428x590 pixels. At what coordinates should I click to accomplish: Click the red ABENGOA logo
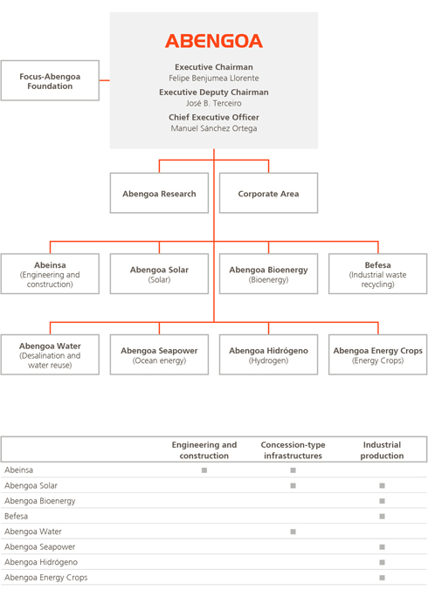click(214, 41)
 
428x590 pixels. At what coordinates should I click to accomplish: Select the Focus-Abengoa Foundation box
click(50, 80)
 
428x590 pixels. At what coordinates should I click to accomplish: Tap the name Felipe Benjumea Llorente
click(214, 79)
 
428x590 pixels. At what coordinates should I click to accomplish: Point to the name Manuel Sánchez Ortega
click(214, 128)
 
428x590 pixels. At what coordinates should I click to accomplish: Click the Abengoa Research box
click(159, 193)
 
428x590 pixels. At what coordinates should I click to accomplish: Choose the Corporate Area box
click(268, 193)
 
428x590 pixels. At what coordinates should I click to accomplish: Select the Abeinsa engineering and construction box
click(50, 274)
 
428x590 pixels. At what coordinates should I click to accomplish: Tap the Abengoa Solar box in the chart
click(159, 274)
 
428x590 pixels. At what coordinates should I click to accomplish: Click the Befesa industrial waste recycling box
click(377, 274)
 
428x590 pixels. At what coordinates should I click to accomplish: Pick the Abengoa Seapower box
click(159, 355)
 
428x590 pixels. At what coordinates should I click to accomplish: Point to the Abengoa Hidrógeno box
click(268, 355)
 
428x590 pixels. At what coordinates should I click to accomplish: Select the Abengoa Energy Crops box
click(377, 355)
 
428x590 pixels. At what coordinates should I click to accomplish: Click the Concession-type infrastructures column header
click(293, 450)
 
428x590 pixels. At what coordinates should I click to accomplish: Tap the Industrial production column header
click(382, 450)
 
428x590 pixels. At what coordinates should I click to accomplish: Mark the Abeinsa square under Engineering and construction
click(204, 470)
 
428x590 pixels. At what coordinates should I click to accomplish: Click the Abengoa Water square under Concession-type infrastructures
click(293, 532)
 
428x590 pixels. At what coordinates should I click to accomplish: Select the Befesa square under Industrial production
click(382, 517)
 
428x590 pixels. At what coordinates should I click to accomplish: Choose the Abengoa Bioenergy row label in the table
click(40, 501)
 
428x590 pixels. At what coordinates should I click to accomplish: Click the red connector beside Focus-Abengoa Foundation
click(105, 80)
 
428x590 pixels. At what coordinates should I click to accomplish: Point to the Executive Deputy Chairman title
click(214, 93)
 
